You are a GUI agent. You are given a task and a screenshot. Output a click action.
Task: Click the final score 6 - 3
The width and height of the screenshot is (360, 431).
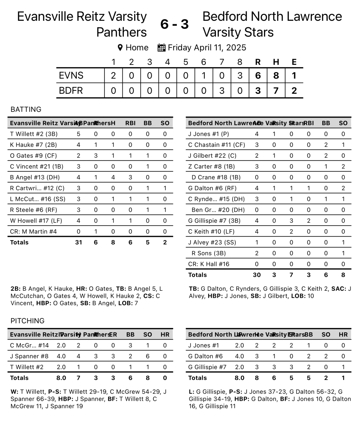click(x=174, y=24)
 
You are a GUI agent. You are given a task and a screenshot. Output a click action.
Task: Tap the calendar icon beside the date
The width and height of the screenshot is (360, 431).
click(x=161, y=47)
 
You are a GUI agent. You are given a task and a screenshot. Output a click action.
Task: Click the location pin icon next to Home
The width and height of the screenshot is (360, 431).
click(x=120, y=47)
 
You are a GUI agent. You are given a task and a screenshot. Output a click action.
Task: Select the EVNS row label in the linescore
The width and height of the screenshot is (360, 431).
click(x=71, y=76)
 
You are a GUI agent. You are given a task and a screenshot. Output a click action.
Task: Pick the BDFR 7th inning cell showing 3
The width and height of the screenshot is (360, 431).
click(x=222, y=91)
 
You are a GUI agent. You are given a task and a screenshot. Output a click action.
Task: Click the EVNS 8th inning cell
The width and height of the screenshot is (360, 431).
click(x=240, y=76)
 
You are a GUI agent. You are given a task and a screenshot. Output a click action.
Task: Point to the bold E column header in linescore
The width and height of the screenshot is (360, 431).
click(x=294, y=62)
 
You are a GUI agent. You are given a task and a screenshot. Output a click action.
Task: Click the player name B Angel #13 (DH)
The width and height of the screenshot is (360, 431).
click(x=35, y=177)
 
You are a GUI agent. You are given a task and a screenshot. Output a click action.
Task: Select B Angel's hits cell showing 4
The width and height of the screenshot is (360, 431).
click(x=113, y=177)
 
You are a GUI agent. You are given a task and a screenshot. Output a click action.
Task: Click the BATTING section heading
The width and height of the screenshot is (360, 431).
click(x=26, y=110)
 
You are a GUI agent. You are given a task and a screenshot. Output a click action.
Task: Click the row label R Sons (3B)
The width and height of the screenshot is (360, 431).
click(x=209, y=253)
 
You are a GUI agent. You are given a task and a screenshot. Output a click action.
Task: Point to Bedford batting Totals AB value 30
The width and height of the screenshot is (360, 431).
click(x=257, y=275)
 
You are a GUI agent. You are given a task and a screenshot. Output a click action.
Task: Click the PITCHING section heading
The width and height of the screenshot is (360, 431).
click(x=28, y=321)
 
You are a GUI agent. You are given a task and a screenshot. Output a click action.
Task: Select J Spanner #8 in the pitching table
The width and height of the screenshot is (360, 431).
click(x=29, y=356)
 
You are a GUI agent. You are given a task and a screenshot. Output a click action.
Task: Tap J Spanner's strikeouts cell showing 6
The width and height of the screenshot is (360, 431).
click(x=148, y=356)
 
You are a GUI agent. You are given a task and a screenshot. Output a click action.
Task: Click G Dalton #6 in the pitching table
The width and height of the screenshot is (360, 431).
click(x=205, y=356)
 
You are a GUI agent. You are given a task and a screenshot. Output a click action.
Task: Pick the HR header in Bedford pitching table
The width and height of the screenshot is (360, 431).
click(x=343, y=335)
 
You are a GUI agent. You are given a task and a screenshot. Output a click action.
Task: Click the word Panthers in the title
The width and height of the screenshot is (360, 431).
click(x=121, y=32)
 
